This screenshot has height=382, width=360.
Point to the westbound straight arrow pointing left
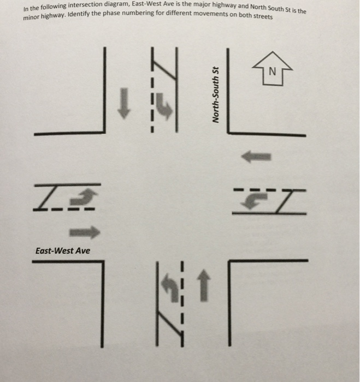click(x=256, y=157)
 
